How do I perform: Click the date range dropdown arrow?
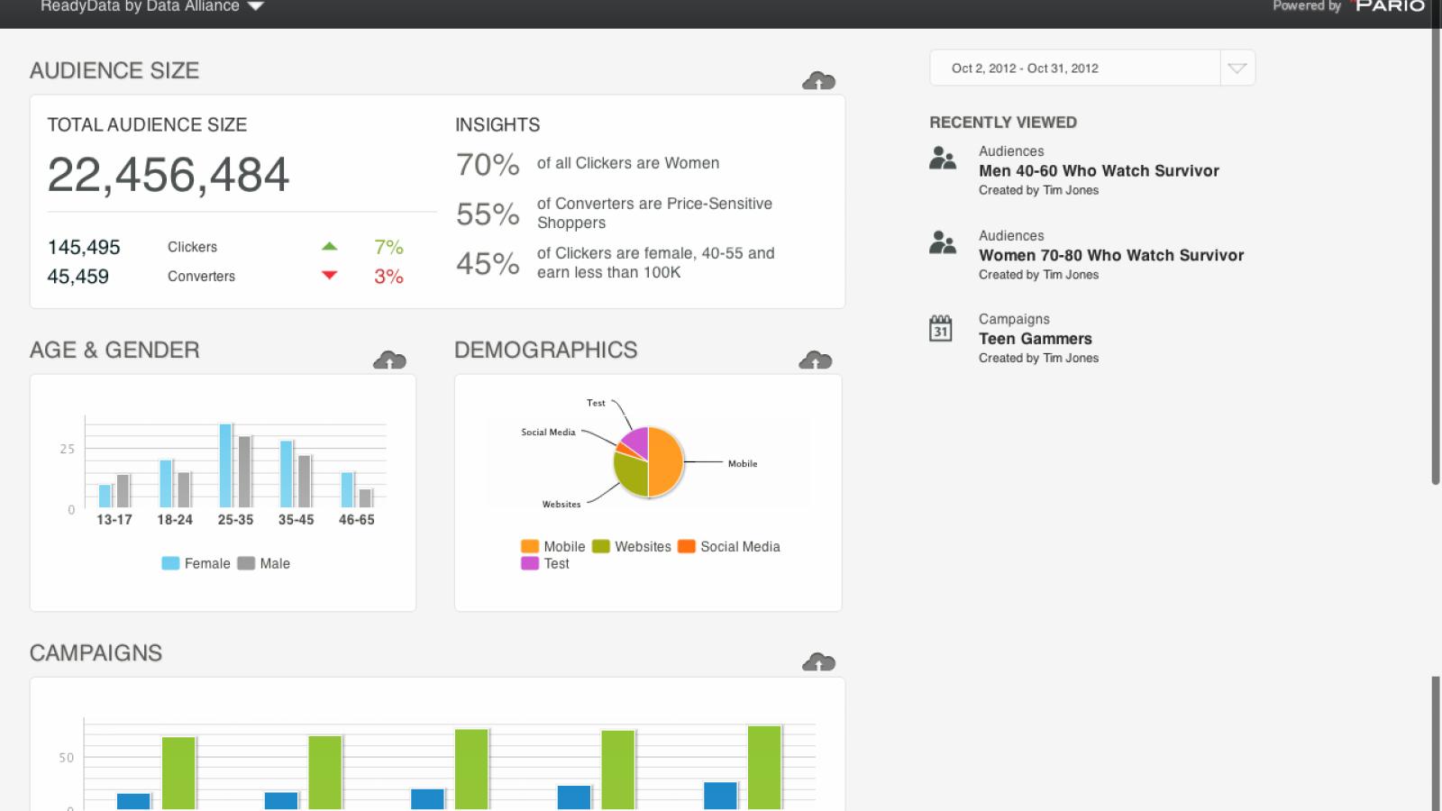point(1237,68)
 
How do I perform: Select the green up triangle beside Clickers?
point(330,246)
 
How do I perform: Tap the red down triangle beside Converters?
point(330,276)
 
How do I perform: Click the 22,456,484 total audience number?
point(168,175)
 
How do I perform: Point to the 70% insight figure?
point(488,165)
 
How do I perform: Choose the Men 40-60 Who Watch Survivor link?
point(1099,170)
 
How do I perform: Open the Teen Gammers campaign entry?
point(1036,339)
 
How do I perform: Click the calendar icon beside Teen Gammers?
point(941,328)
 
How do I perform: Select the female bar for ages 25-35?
point(225,465)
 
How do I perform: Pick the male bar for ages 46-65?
point(365,498)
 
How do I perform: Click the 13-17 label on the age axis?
point(114,519)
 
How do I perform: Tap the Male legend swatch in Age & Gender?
point(246,563)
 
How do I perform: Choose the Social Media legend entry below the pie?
point(729,546)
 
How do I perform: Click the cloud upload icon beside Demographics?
point(815,360)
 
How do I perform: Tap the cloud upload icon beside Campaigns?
point(818,661)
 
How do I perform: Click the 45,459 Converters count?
point(78,277)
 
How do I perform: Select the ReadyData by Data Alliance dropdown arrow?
point(256,5)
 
